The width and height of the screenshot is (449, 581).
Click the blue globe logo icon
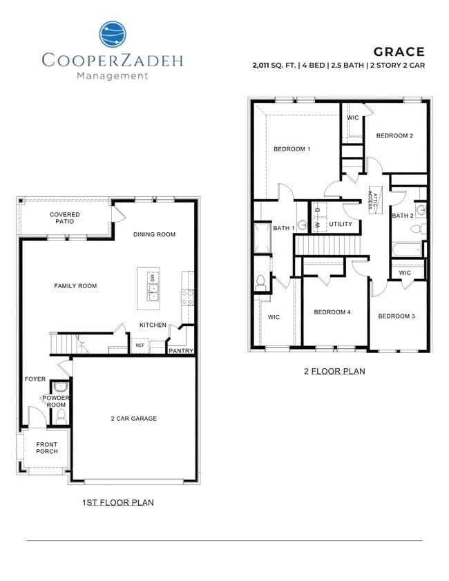pyautogui.click(x=113, y=35)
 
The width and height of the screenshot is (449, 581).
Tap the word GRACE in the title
pyautogui.click(x=399, y=52)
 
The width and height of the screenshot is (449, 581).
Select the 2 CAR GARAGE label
pyautogui.click(x=134, y=418)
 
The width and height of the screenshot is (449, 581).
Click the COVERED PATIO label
pyautogui.click(x=64, y=218)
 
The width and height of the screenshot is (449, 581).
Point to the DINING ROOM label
pyautogui.click(x=155, y=234)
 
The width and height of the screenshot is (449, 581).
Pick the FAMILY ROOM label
pyautogui.click(x=75, y=285)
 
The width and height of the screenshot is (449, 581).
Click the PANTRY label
pyautogui.click(x=180, y=350)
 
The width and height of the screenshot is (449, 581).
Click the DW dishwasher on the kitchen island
pyautogui.click(x=152, y=278)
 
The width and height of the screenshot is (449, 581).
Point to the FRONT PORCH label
pyautogui.click(x=47, y=448)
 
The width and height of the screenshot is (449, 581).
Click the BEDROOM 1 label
pyautogui.click(x=292, y=149)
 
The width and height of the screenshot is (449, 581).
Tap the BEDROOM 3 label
pyautogui.click(x=397, y=316)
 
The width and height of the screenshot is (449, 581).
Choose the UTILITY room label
pyautogui.click(x=341, y=224)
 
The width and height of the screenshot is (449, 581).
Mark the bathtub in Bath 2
pyautogui.click(x=407, y=249)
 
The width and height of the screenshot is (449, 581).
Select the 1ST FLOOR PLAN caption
pyautogui.click(x=117, y=502)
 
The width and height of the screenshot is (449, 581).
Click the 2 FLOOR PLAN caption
pyautogui.click(x=334, y=371)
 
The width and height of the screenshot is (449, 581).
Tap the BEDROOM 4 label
pyautogui.click(x=332, y=312)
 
